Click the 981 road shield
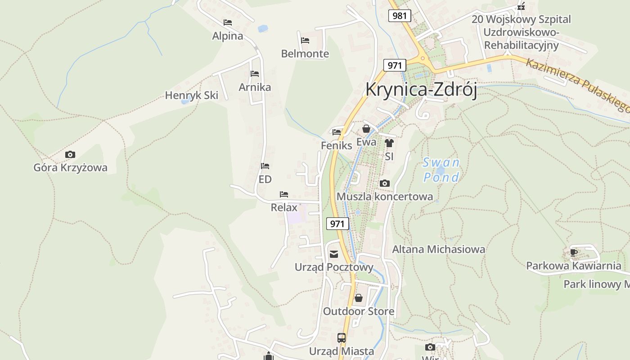(399, 16)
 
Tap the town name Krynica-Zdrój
(421, 89)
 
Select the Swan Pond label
(441, 170)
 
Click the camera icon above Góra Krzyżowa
(70, 155)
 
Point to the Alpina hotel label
(228, 36)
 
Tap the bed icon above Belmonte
(305, 40)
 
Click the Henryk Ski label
(192, 95)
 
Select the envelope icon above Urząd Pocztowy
(334, 254)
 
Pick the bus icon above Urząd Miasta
(342, 337)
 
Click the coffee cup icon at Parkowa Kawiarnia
(573, 252)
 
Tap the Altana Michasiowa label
(439, 249)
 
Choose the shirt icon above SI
(389, 143)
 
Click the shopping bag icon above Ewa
(366, 129)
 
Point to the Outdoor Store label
(359, 311)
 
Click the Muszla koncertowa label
(385, 197)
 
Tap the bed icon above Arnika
(255, 74)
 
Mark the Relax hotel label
(284, 207)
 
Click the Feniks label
(337, 146)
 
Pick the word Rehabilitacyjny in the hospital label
(521, 45)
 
